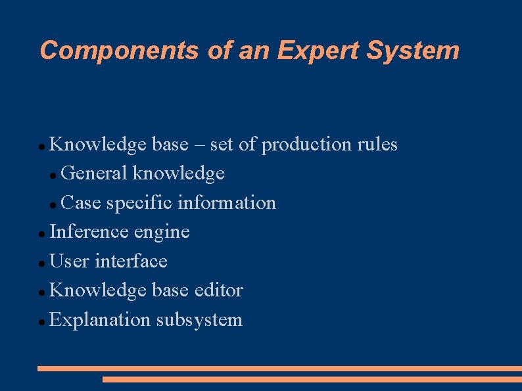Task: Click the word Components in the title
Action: pyautogui.click(x=119, y=51)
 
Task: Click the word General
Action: pyautogui.click(x=93, y=173)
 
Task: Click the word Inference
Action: pyautogui.click(x=89, y=231)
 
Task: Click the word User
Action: pyautogui.click(x=69, y=261)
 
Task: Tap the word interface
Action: pyautogui.click(x=131, y=261)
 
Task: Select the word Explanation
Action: pyautogui.click(x=101, y=320)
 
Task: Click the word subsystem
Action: pyautogui.click(x=199, y=320)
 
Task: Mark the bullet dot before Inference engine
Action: pyautogui.click(x=42, y=233)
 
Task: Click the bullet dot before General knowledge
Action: pyautogui.click(x=53, y=175)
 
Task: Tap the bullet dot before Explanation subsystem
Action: pyautogui.click(x=42, y=322)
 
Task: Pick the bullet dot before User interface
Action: pyautogui.click(x=42, y=263)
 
